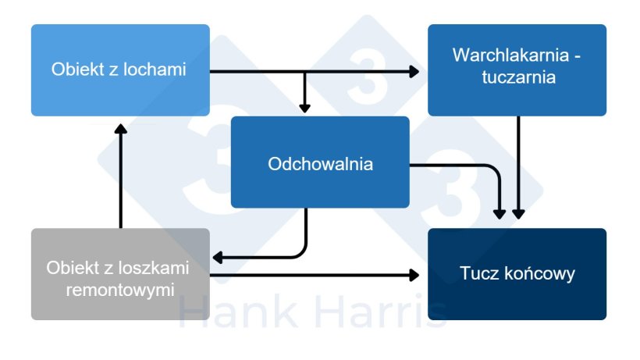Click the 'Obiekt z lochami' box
[x=120, y=70]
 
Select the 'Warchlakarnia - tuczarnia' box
[x=517, y=70]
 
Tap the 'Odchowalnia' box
[x=320, y=163]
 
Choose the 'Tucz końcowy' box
[x=517, y=273]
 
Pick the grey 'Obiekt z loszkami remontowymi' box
[x=120, y=273]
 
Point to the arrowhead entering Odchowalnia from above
[x=305, y=109]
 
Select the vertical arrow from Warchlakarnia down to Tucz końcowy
[x=518, y=164]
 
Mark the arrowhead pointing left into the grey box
[x=219, y=257]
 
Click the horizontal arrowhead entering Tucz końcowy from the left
[x=414, y=274]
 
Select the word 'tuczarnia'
[x=517, y=78]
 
